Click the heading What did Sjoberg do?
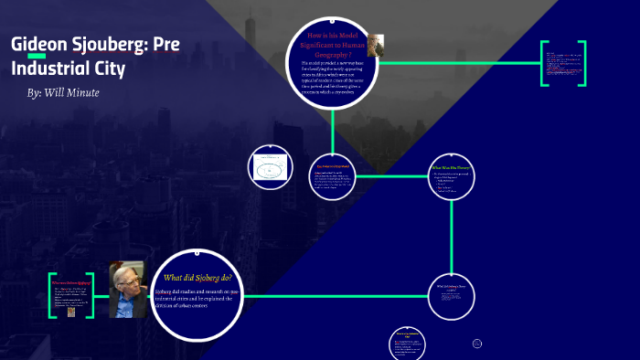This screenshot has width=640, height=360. pos(197,278)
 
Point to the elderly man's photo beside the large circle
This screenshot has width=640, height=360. pos(126,290)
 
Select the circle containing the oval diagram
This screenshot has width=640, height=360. pos(271,168)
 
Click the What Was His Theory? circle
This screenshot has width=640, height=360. pos(452,175)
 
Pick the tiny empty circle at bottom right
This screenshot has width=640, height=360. pos(476,344)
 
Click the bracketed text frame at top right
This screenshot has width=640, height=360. pos(561,64)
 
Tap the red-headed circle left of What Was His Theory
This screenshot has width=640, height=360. pos(332,176)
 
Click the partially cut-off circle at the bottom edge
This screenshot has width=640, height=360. pos(408,344)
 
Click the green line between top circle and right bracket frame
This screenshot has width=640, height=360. pos(466,64)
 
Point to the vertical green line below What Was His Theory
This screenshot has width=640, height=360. pos(452,234)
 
